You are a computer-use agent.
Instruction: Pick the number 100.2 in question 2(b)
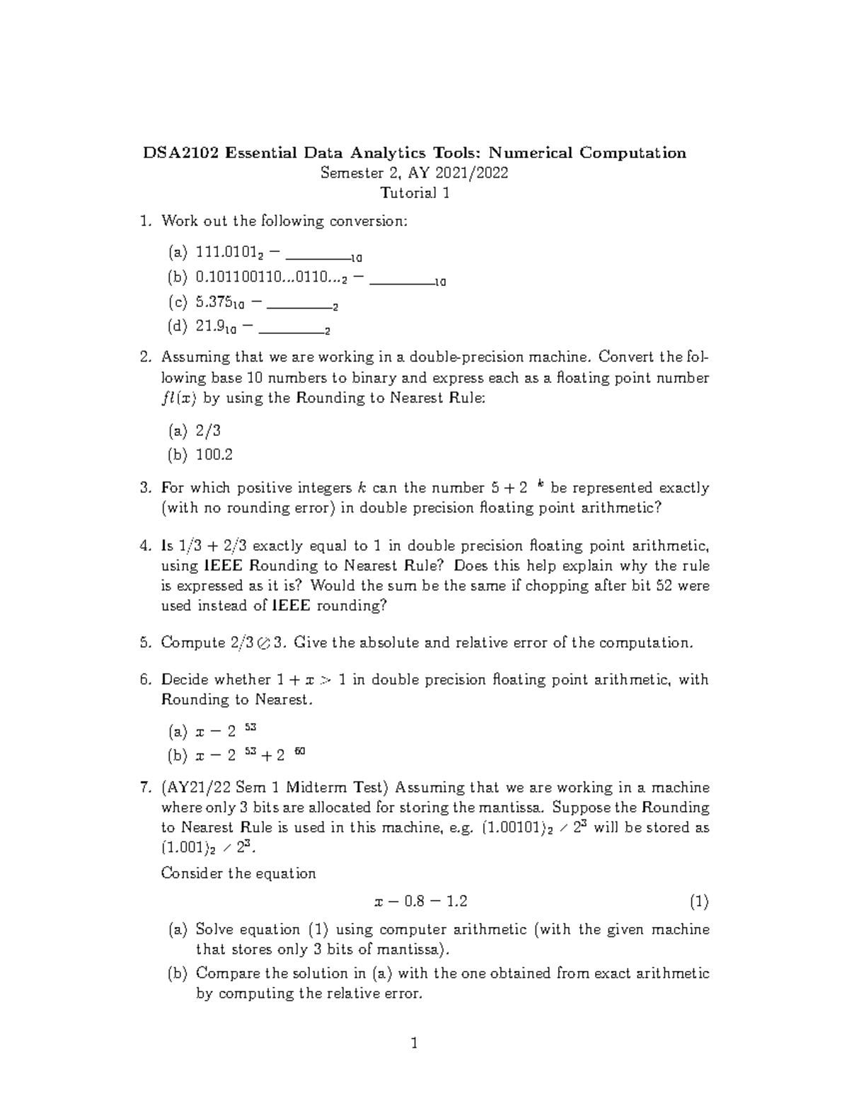[214, 454]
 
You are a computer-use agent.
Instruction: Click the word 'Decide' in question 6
[185, 680]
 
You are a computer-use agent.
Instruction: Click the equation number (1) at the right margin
[699, 902]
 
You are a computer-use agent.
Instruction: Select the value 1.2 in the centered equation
[456, 902]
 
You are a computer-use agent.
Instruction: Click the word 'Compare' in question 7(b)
[229, 973]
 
